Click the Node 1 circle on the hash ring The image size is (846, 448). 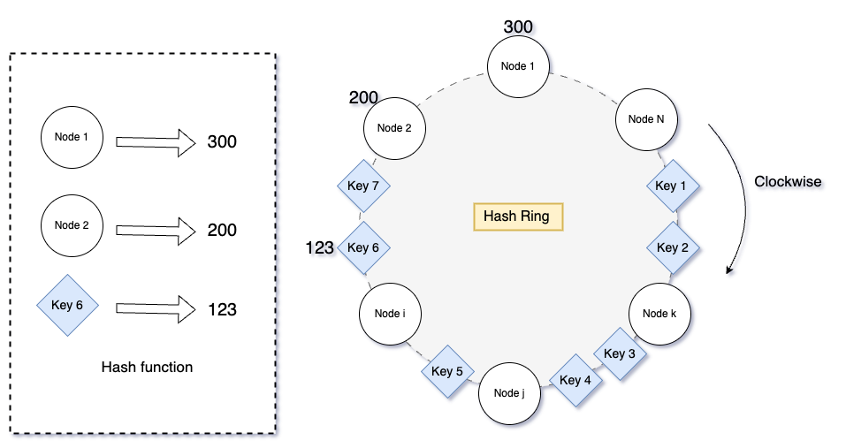[x=519, y=66]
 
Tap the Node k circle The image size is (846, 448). [x=659, y=314]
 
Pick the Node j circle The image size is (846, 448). [x=510, y=393]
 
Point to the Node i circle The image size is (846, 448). [x=390, y=314]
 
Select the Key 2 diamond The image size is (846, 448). [x=673, y=247]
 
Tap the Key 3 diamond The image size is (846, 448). [x=619, y=353]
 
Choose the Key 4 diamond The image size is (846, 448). [x=575, y=381]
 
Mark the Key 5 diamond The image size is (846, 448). [x=447, y=371]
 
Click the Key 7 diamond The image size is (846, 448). [x=363, y=186]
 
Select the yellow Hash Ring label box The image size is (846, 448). [x=517, y=216]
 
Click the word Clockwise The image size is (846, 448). [x=787, y=182]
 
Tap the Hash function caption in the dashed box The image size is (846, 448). [x=147, y=367]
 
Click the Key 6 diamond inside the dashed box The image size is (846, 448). [x=67, y=306]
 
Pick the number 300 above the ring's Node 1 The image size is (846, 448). [x=518, y=27]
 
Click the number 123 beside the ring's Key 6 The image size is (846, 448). [x=320, y=248]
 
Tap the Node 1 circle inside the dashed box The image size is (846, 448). [x=72, y=138]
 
